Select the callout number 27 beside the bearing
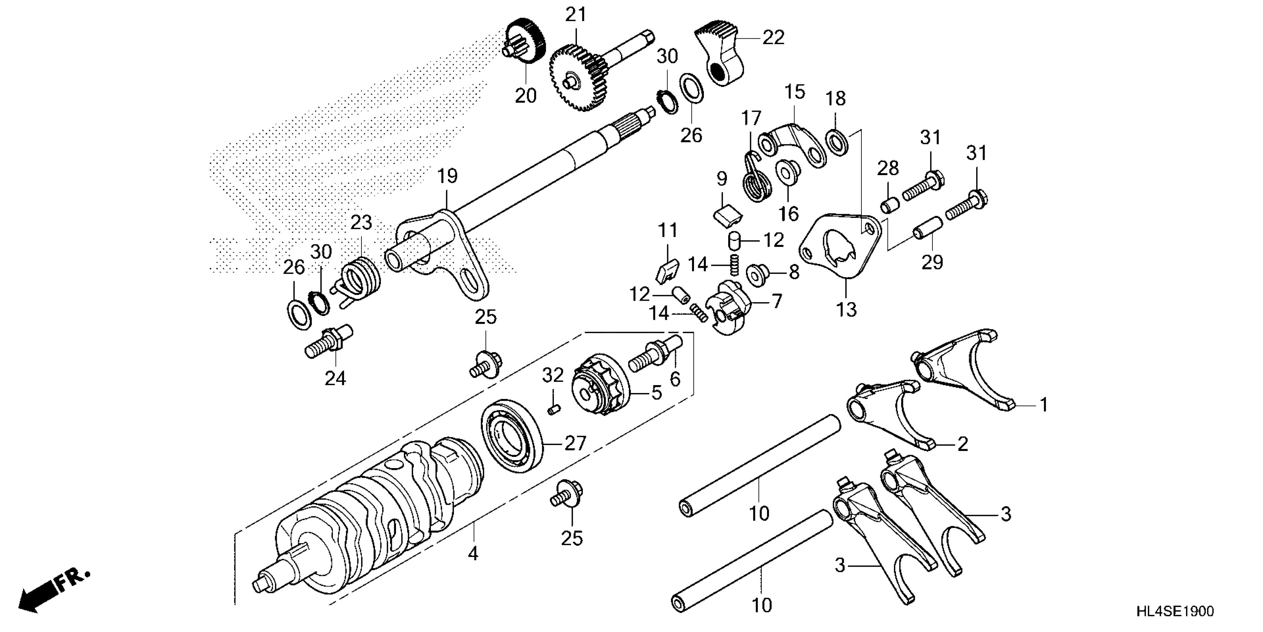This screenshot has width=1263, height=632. (575, 443)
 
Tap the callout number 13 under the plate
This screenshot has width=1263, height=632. (847, 309)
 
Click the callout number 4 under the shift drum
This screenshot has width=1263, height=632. (473, 554)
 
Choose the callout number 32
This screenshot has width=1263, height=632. (553, 375)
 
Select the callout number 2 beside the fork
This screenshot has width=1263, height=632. (962, 444)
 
